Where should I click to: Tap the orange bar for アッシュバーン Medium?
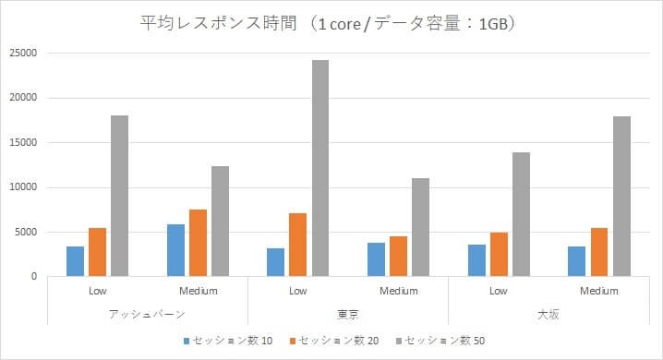click(x=199, y=243)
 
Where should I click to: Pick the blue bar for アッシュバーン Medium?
click(x=175, y=250)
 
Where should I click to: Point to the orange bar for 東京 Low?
click(x=298, y=245)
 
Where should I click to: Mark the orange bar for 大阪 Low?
click(x=500, y=255)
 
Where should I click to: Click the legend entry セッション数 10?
click(x=227, y=341)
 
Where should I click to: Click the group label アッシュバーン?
click(x=147, y=314)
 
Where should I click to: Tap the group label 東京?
click(x=348, y=314)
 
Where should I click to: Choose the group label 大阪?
click(x=548, y=314)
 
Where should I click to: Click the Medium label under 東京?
click(x=399, y=291)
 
